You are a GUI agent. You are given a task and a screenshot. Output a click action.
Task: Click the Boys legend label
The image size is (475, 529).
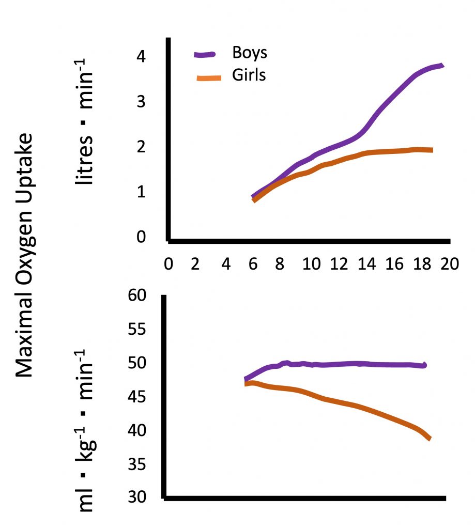250,53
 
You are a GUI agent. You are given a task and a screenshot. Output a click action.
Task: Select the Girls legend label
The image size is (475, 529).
249,75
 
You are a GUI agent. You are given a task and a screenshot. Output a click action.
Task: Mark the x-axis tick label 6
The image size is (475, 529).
253,263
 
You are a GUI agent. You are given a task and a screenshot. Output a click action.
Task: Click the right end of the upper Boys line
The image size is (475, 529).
442,65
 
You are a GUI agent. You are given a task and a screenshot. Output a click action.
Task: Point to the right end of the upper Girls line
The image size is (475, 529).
431,150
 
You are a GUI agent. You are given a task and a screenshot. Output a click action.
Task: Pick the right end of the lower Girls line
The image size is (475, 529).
430,439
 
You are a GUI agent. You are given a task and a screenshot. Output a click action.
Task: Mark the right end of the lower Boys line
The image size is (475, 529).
424,365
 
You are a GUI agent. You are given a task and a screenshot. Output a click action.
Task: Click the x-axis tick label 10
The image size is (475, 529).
310,263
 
